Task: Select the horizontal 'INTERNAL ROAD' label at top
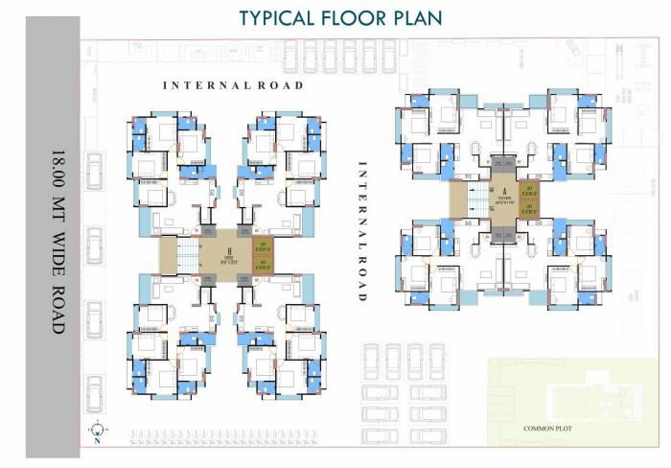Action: pyautogui.click(x=233, y=85)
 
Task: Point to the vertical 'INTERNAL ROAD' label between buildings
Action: pyautogui.click(x=362, y=230)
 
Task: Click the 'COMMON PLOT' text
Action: pyautogui.click(x=547, y=429)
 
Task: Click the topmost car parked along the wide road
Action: pyautogui.click(x=95, y=173)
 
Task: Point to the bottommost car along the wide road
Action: pyautogui.click(x=95, y=393)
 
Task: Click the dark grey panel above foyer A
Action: pyautogui.click(x=503, y=166)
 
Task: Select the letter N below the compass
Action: pyautogui.click(x=98, y=442)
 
